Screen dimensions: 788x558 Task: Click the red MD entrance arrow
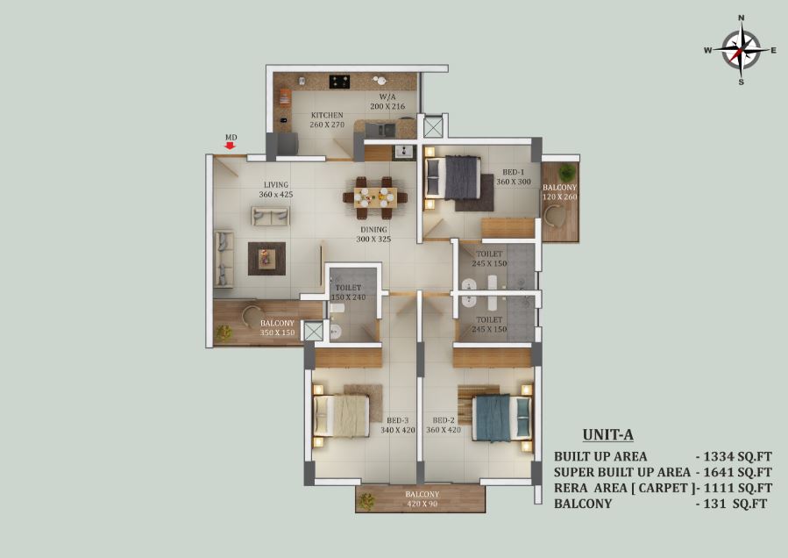tap(231, 146)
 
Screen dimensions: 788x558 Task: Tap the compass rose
tap(742, 50)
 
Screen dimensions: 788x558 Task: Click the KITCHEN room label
tap(327, 115)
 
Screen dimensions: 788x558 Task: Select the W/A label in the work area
tap(387, 97)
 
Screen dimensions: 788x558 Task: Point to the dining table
tap(375, 197)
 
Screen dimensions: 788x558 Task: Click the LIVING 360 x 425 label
tap(276, 190)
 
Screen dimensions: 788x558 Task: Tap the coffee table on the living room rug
tap(266, 259)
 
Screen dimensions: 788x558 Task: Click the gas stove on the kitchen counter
tap(340, 82)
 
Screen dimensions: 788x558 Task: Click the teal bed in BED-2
tap(502, 418)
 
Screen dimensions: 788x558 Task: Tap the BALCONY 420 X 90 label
tap(422, 498)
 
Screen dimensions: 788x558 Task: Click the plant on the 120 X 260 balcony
tap(567, 172)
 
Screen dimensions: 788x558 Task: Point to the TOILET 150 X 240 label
tap(348, 292)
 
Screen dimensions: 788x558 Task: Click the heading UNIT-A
tap(608, 434)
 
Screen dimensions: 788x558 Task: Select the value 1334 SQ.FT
tap(737, 457)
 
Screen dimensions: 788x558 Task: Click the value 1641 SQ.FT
tap(737, 473)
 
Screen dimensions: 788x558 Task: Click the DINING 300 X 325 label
tap(373, 234)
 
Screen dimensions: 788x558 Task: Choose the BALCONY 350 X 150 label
tap(277, 327)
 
